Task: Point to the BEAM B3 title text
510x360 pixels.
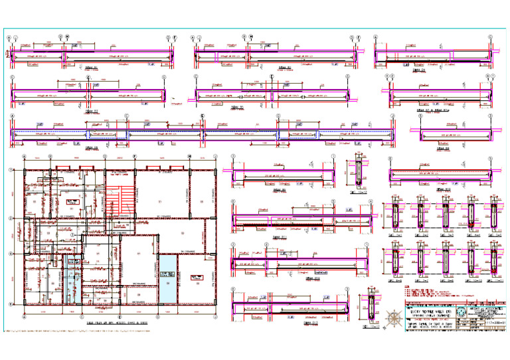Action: click(x=92, y=111)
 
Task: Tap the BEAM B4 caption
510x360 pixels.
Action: click(x=417, y=68)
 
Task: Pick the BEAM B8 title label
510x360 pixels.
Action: click(x=441, y=148)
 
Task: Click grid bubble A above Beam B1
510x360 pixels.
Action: click(x=9, y=38)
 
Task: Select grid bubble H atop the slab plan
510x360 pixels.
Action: click(x=190, y=157)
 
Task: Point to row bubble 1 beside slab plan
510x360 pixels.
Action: click(x=9, y=171)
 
